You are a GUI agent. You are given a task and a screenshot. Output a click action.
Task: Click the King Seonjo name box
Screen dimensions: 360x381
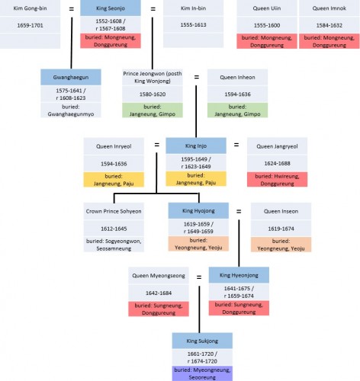(111, 8)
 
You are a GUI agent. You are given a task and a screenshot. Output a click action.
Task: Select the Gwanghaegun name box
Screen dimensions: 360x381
(71, 77)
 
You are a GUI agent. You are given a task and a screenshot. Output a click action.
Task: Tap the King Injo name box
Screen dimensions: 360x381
(196, 146)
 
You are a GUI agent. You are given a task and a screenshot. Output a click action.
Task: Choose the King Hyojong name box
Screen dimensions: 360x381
(198, 210)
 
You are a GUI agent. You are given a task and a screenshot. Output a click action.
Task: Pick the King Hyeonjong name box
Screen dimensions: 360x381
(239, 275)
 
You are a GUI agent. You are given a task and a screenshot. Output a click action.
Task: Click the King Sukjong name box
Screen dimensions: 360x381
(202, 341)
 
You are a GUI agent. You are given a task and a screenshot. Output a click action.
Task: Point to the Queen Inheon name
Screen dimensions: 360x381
(237, 78)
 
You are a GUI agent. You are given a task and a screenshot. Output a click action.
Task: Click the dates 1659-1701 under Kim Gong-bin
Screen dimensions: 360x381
(30, 25)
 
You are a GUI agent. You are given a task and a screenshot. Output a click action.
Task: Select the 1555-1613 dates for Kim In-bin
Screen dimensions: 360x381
(193, 25)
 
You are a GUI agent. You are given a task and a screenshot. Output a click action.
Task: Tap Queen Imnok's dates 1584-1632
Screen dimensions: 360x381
(329, 25)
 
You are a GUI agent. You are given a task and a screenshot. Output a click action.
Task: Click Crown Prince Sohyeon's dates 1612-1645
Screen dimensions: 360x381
(114, 229)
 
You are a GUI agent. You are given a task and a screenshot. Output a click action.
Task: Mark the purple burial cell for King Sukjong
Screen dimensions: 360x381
(202, 373)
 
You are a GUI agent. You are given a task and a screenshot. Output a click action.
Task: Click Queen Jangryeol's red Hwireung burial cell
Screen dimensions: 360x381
(277, 180)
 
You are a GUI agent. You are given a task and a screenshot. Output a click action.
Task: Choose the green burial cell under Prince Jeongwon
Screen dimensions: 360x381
(153, 110)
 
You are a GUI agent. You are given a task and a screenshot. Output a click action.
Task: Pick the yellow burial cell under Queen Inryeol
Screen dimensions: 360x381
(114, 180)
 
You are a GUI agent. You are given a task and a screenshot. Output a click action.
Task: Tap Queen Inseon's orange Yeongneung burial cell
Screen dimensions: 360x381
(281, 245)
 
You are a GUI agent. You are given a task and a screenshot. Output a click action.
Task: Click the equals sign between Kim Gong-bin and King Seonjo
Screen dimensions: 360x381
(72, 9)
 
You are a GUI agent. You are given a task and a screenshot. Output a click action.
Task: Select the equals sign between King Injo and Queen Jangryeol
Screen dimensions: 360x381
(236, 145)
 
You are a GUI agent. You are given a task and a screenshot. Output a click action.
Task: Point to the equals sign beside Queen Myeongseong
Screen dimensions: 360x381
(199, 277)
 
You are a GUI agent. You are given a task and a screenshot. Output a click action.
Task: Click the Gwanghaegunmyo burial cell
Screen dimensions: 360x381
(71, 110)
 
